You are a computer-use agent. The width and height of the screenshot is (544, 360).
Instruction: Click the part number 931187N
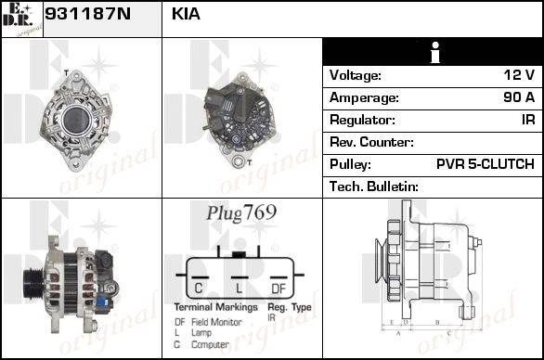coord(88,14)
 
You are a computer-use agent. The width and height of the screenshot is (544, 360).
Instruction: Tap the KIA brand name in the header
coord(186,14)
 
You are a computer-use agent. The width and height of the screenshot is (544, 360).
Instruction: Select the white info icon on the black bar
coord(434,52)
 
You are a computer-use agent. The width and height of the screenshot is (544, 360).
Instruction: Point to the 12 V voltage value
coord(519,75)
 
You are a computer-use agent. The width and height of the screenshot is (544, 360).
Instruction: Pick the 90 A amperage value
coord(519,97)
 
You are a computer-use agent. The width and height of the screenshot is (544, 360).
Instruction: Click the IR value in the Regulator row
coord(528,120)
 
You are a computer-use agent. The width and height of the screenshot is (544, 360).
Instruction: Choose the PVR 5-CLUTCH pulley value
coord(486,164)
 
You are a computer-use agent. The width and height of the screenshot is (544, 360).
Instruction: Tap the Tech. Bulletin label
coord(374,186)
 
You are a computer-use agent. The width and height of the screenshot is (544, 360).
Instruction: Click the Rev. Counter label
coord(371,142)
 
